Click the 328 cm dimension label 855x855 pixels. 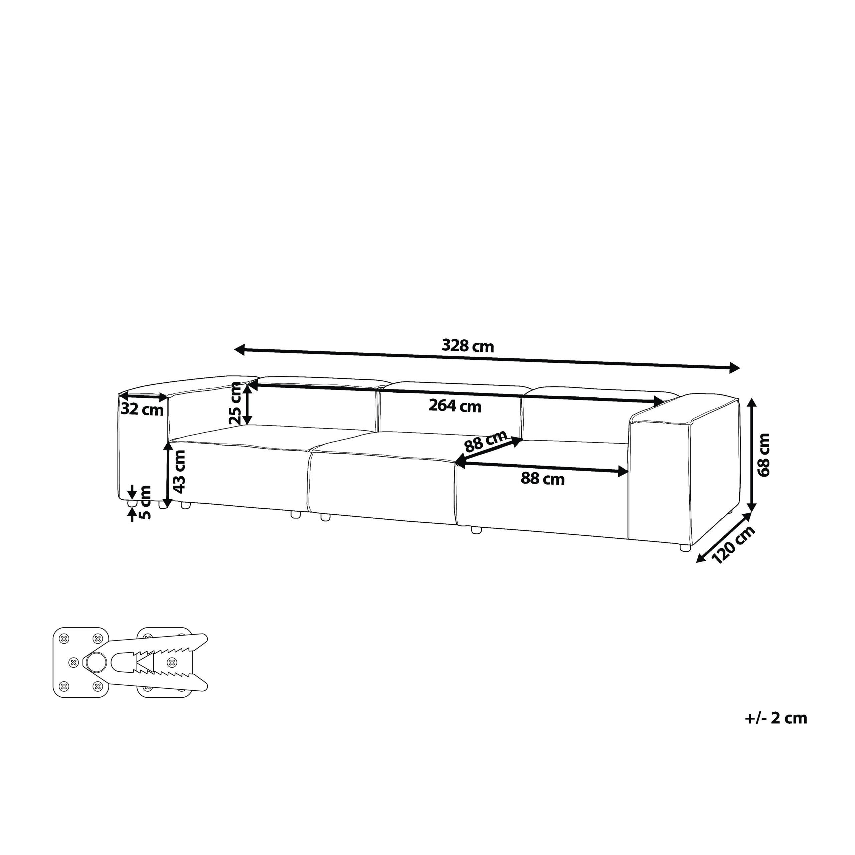(x=468, y=346)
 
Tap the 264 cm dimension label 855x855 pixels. (x=455, y=406)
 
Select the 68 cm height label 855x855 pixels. (x=764, y=455)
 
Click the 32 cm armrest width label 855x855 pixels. (x=142, y=410)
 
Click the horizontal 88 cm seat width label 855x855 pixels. (x=543, y=479)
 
